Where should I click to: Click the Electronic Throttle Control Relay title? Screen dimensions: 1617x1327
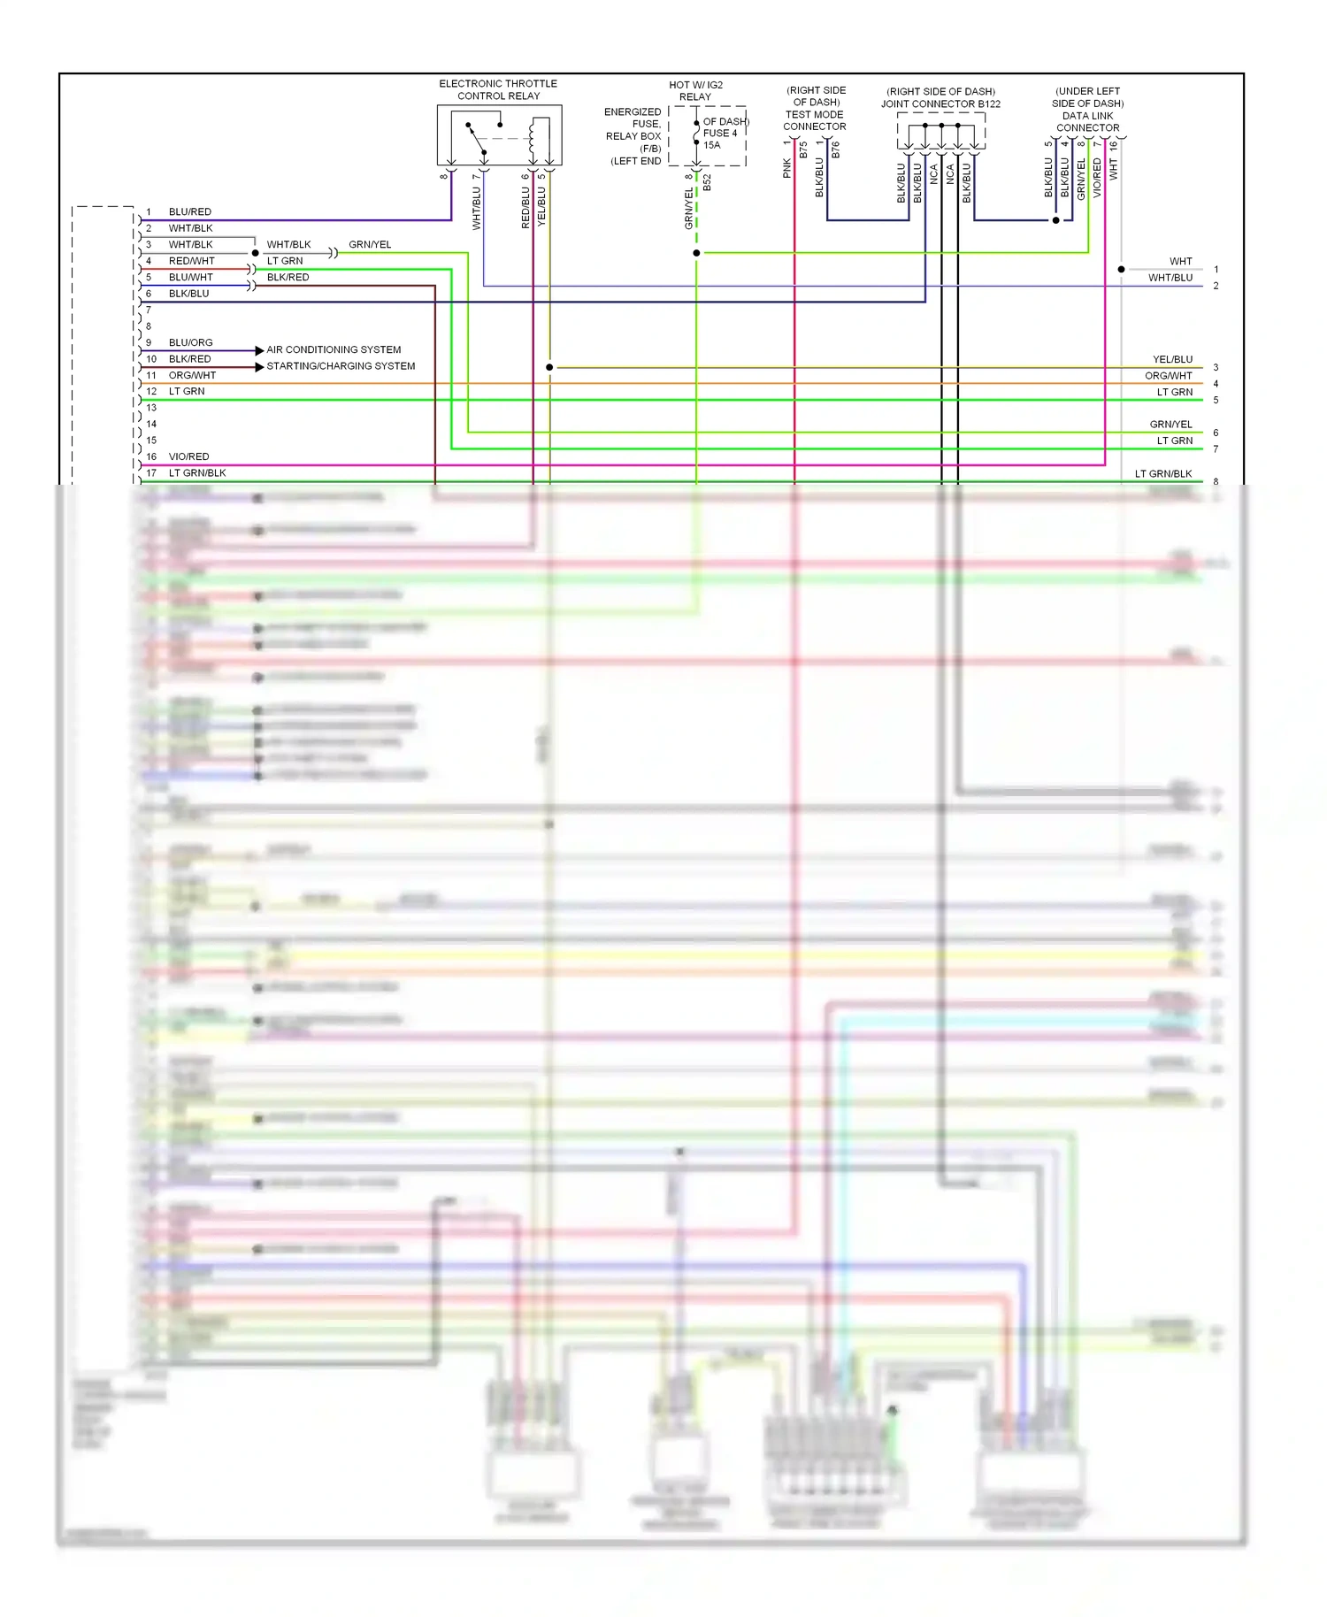tap(498, 89)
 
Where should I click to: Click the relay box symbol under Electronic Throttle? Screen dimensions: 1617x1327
tap(499, 134)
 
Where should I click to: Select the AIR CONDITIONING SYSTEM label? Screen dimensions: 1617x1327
tap(334, 349)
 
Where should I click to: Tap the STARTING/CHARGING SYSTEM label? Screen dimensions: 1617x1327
tap(341, 366)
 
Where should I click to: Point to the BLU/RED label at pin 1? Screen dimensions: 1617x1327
tap(189, 212)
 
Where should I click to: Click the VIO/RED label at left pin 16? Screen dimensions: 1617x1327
tap(188, 456)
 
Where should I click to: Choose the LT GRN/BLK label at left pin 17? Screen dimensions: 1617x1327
tap(196, 473)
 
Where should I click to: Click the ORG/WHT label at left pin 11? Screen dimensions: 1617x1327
tap(192, 375)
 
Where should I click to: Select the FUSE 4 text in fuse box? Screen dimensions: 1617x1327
tap(719, 134)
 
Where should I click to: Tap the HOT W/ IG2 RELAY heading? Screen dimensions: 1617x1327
tap(695, 90)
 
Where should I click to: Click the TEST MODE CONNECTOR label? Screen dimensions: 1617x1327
tap(814, 120)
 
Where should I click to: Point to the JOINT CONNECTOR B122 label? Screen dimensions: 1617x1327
tap(940, 103)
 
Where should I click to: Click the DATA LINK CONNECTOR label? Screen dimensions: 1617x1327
tap(1087, 121)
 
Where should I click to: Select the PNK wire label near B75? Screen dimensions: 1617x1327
tap(786, 168)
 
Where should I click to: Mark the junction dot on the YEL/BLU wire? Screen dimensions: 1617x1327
tap(549, 367)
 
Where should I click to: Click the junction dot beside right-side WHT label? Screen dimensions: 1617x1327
tap(1121, 269)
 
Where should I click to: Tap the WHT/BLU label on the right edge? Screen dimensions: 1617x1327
tap(1170, 278)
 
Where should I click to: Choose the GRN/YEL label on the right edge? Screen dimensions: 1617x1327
tap(1170, 425)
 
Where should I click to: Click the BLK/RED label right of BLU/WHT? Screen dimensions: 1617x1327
tap(288, 277)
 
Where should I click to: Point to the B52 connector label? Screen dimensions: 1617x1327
tap(707, 183)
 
